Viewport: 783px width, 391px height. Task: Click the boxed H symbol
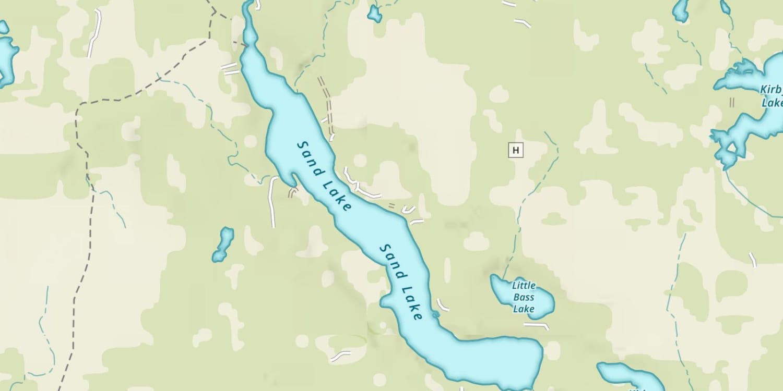516,151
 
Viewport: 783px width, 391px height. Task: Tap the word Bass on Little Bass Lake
524,297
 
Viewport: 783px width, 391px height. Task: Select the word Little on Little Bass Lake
524,286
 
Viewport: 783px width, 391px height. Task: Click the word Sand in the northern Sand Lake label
309,152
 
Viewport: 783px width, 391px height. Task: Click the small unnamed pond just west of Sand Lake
223,244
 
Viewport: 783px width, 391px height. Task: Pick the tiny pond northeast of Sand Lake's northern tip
374,14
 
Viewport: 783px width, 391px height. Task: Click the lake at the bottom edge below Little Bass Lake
629,376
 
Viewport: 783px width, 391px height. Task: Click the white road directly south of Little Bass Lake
537,326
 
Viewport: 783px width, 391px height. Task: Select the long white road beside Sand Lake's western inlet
271,202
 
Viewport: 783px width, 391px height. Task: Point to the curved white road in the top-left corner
94,32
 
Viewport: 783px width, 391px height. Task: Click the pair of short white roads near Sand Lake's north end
230,69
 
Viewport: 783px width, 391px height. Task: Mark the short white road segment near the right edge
753,259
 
